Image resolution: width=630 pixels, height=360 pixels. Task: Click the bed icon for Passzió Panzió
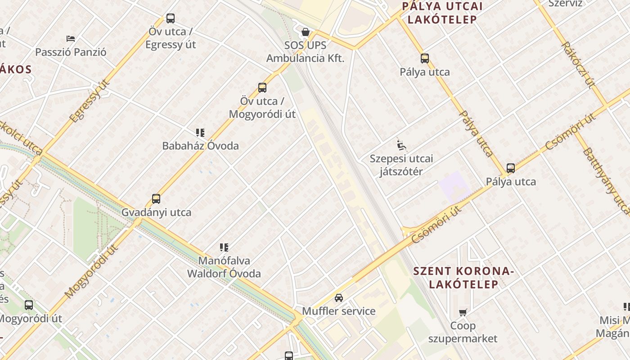(x=70, y=39)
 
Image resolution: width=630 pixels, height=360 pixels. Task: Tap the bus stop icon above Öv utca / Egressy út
(x=171, y=18)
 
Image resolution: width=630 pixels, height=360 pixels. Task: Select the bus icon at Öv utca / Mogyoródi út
(x=262, y=88)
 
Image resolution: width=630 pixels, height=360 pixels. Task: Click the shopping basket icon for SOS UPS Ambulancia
(x=306, y=32)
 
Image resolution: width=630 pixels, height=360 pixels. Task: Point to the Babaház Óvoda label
(x=200, y=146)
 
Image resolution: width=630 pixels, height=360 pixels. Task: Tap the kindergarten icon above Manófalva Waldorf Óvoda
(x=224, y=247)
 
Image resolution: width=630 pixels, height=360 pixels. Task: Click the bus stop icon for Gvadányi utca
(x=156, y=199)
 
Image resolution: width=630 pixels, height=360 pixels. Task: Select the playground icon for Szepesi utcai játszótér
(x=401, y=145)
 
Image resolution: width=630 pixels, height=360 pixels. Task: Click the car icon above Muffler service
(x=339, y=297)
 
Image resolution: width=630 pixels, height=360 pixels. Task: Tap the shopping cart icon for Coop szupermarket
(x=463, y=312)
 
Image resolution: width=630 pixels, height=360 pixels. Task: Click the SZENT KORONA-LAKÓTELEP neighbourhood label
(x=463, y=278)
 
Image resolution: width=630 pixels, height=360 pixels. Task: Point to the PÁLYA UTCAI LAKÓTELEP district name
(x=442, y=13)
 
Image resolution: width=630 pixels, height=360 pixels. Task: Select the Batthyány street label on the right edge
(x=605, y=180)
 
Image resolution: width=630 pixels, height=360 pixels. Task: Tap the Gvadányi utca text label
(x=156, y=212)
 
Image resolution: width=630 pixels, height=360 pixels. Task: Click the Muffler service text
(x=338, y=311)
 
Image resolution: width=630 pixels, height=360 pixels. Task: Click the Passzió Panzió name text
(x=71, y=52)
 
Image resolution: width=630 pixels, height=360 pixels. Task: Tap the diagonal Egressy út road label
(x=90, y=101)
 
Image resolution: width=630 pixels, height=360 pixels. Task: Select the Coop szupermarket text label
(x=463, y=332)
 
